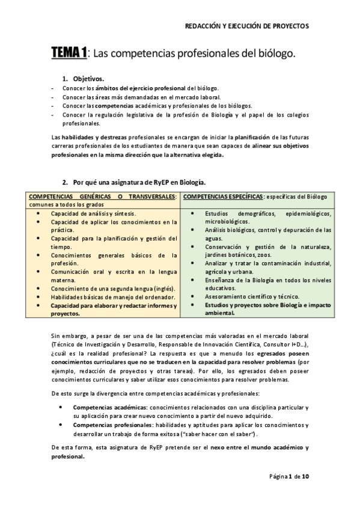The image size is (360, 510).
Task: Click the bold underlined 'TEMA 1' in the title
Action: click(69, 54)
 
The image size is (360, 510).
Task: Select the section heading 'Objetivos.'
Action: click(88, 79)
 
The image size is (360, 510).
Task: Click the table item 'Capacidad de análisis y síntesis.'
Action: click(93, 213)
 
